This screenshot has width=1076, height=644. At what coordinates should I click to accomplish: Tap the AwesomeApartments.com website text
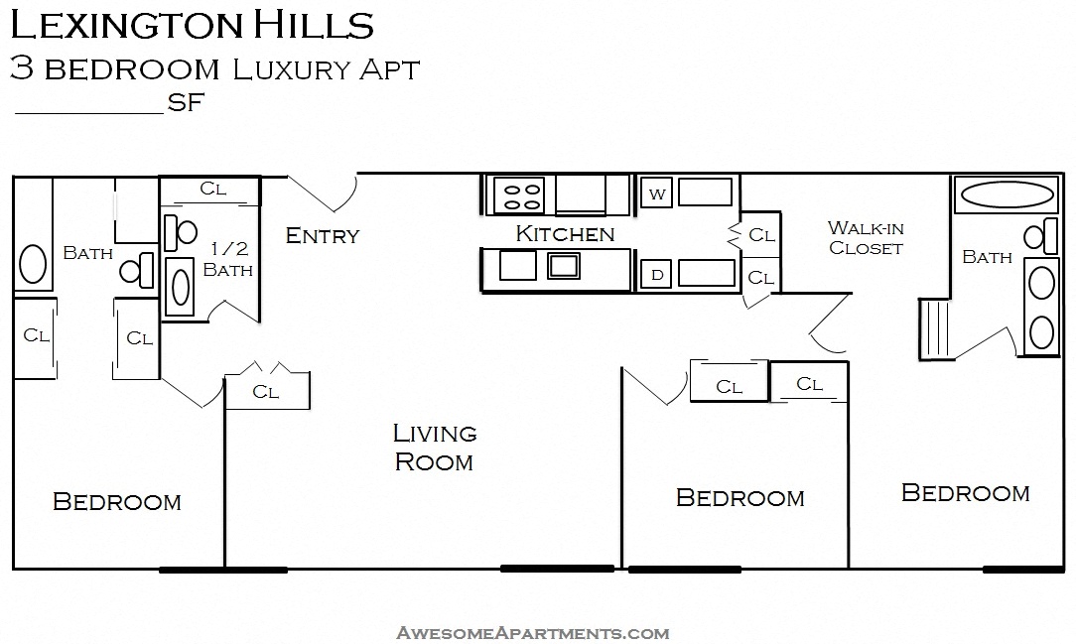click(532, 632)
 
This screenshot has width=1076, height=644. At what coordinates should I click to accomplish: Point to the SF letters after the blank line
click(186, 102)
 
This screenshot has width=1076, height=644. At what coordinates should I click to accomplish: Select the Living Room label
click(434, 447)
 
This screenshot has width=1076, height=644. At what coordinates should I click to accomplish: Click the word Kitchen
click(565, 234)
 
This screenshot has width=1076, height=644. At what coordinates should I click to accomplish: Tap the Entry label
click(322, 236)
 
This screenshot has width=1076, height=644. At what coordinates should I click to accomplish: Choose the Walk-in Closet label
click(866, 238)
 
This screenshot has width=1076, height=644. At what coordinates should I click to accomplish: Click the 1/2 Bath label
click(227, 260)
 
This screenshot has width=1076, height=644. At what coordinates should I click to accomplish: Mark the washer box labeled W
click(656, 193)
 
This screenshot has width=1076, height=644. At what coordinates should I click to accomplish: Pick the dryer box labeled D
click(656, 275)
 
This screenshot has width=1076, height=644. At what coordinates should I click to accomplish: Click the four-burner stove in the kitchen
click(518, 194)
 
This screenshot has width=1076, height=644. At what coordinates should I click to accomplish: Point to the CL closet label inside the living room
click(265, 391)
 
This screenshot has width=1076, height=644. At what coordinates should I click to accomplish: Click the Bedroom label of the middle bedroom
click(740, 497)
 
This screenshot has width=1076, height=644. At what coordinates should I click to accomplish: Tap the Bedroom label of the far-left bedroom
click(116, 501)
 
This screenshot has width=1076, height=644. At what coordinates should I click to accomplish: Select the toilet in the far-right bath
click(1038, 237)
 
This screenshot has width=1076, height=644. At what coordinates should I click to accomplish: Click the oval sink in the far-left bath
click(33, 266)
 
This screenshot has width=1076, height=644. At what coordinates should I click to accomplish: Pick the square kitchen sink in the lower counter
click(564, 265)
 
